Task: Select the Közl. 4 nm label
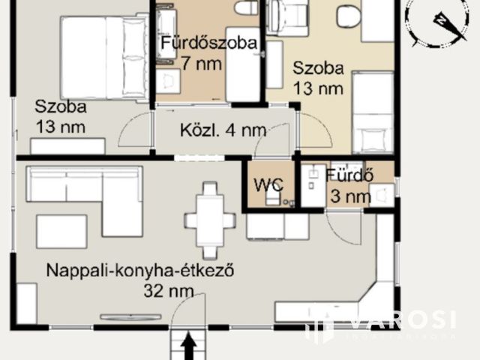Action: [x=223, y=130]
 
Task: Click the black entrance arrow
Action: [x=188, y=346]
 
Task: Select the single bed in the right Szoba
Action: [x=372, y=112]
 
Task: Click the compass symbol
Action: [x=439, y=23]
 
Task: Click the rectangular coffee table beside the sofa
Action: [x=61, y=232]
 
